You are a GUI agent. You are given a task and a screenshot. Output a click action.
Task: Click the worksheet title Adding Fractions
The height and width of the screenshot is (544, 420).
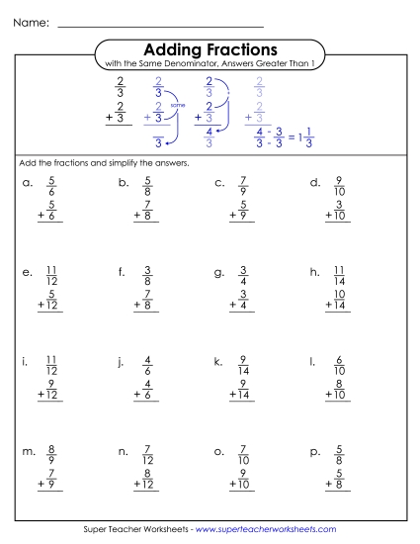(210, 49)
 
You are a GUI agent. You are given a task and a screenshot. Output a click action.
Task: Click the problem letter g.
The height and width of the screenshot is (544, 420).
(219, 273)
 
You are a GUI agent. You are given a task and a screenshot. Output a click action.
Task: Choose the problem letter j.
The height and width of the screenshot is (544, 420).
(123, 363)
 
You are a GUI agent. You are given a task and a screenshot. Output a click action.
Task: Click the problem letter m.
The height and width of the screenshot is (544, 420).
(29, 452)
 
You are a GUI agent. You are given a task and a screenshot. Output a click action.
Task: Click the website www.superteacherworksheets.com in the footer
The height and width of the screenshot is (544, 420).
(265, 530)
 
